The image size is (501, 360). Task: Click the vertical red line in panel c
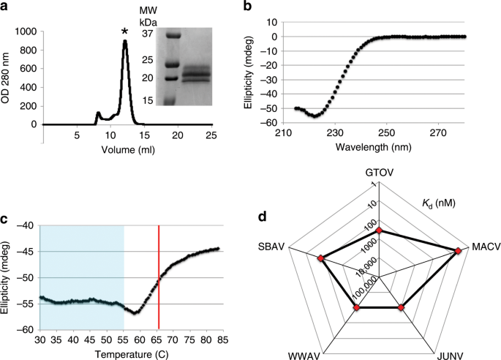159,278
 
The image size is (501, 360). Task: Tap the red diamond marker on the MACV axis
459,251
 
